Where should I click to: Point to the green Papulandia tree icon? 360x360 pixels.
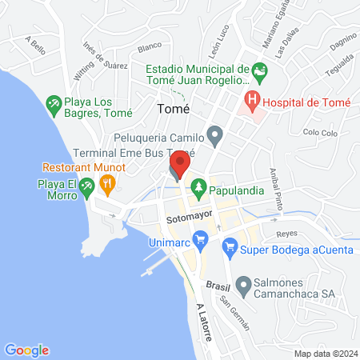[198, 190]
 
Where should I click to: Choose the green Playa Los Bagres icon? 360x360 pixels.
[54, 103]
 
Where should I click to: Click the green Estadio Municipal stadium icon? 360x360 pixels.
[258, 70]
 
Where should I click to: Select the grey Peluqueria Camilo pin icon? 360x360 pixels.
[214, 134]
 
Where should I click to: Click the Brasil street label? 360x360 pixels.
[218, 285]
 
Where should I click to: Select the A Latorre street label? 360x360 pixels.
[204, 322]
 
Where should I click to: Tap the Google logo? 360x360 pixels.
[26, 350]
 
